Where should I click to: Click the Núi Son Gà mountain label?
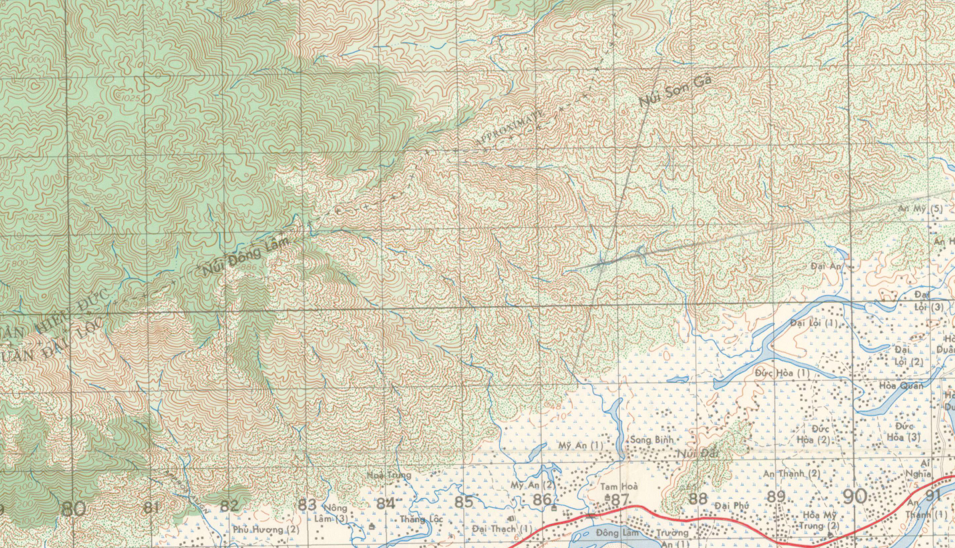tap(675, 91)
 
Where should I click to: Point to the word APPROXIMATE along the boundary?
tap(510, 128)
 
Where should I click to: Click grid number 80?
tap(73, 509)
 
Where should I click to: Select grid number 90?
tap(855, 496)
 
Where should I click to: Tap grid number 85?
tap(464, 501)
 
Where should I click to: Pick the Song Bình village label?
tap(652, 439)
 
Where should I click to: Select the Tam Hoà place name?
tap(619, 487)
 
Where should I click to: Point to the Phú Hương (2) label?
tap(266, 529)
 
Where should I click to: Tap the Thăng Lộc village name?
tap(421, 519)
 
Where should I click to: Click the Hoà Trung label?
tap(389, 475)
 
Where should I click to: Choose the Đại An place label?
tap(827, 266)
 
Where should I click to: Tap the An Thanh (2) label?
tap(791, 473)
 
